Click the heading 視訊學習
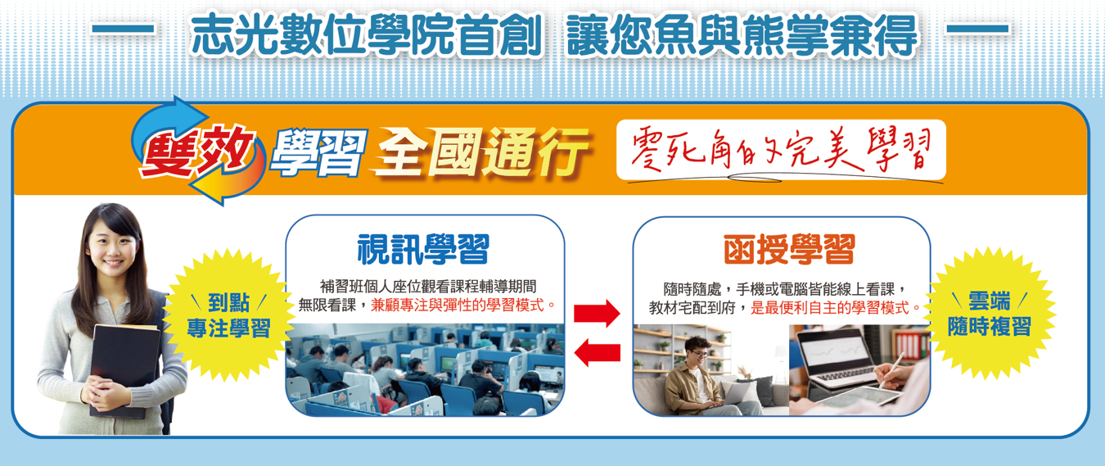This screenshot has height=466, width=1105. pyautogui.click(x=422, y=250)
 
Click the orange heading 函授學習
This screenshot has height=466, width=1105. pyautogui.click(x=789, y=250)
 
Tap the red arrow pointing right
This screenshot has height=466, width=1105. pyautogui.click(x=597, y=313)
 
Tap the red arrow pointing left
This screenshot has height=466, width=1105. pyautogui.click(x=597, y=352)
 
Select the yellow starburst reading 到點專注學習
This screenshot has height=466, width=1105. pyautogui.click(x=228, y=315)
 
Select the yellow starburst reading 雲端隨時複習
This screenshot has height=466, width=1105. pyautogui.click(x=989, y=314)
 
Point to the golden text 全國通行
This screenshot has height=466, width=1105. pyautogui.click(x=481, y=151)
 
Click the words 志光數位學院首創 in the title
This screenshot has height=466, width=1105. pyautogui.click(x=367, y=35)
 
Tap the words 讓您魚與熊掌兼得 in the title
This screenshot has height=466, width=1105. pyautogui.click(x=742, y=35)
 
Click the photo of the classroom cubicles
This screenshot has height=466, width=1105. pyautogui.click(x=426, y=369)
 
